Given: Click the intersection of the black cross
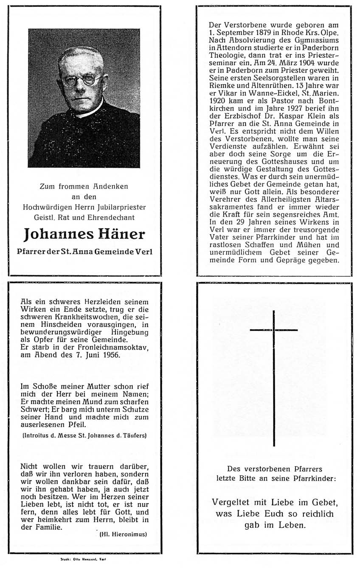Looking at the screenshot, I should pos(274,330).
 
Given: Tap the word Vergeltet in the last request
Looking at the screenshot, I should pos(228,502).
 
